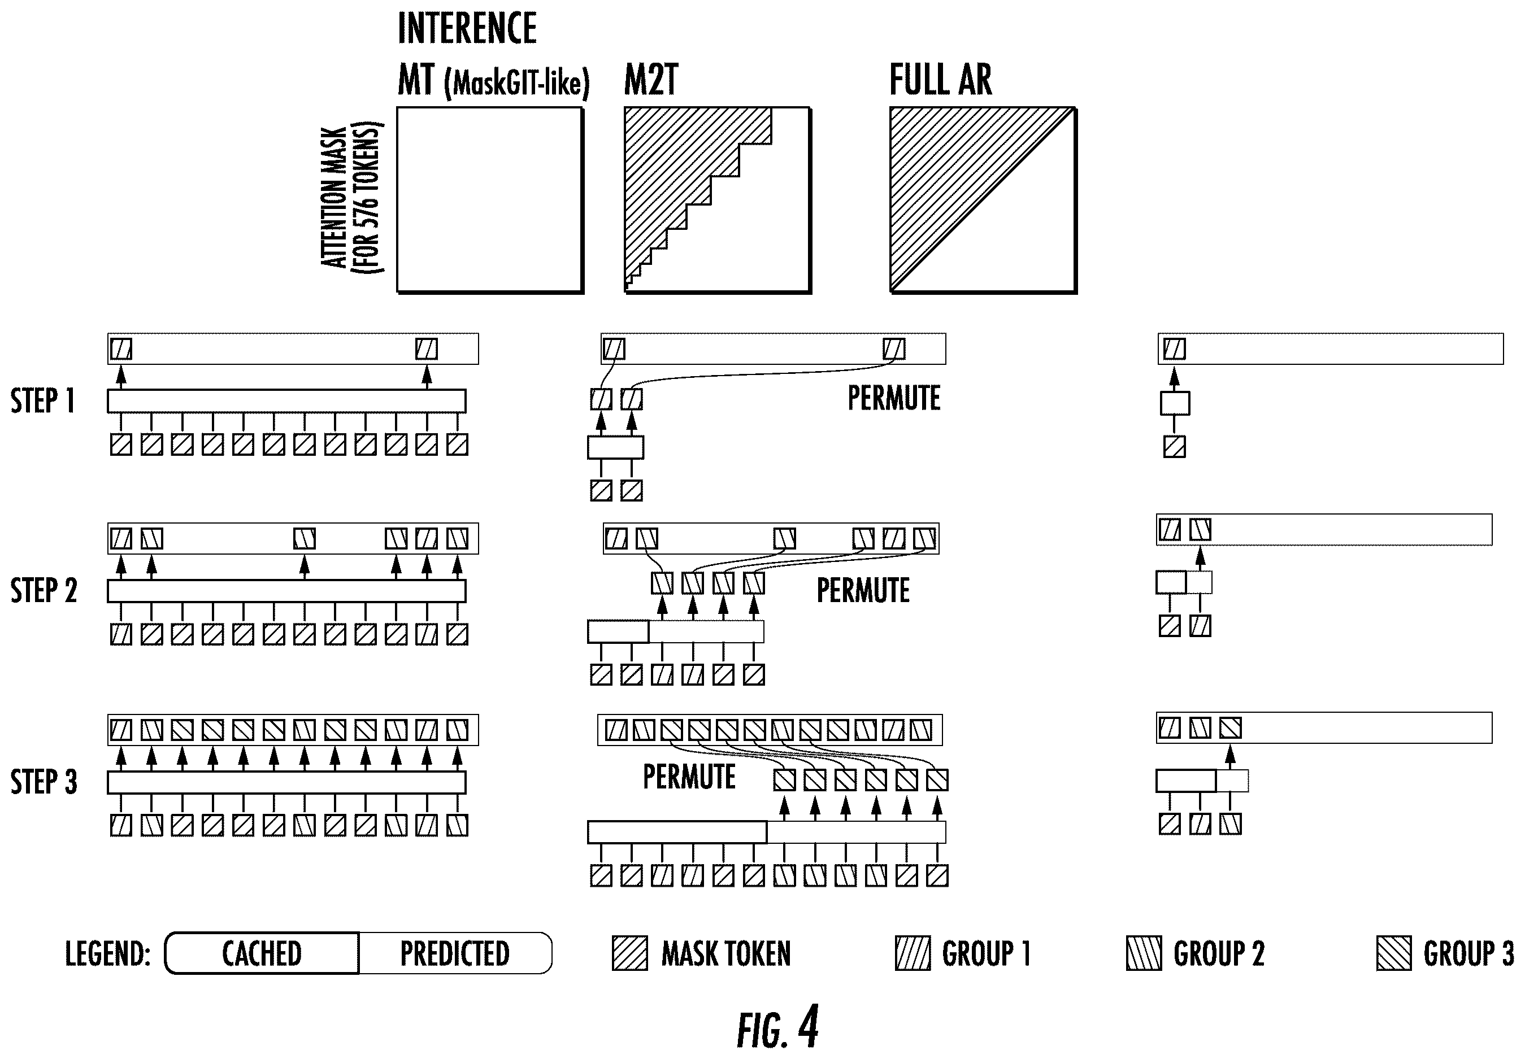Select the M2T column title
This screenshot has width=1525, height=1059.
pos(651,80)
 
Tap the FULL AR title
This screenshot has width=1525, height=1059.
pos(940,80)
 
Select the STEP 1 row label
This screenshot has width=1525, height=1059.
pos(42,401)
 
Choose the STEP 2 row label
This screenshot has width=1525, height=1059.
pos(43,590)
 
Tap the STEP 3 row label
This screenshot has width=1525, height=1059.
pos(43,781)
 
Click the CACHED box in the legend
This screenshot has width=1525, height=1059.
pos(262,953)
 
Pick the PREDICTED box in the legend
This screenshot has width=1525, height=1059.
pos(455,953)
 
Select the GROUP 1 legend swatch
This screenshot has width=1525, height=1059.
pos(913,953)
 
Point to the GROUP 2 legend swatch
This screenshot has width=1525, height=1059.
pos(1144,953)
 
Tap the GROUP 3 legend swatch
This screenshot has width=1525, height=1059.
pos(1393,953)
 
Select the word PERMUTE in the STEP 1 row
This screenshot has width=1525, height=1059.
pos(894,398)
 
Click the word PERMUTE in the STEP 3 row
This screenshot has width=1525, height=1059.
pos(689,777)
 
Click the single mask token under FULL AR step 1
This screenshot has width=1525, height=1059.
pos(1174,447)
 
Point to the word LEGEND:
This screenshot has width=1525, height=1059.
pos(107,953)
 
